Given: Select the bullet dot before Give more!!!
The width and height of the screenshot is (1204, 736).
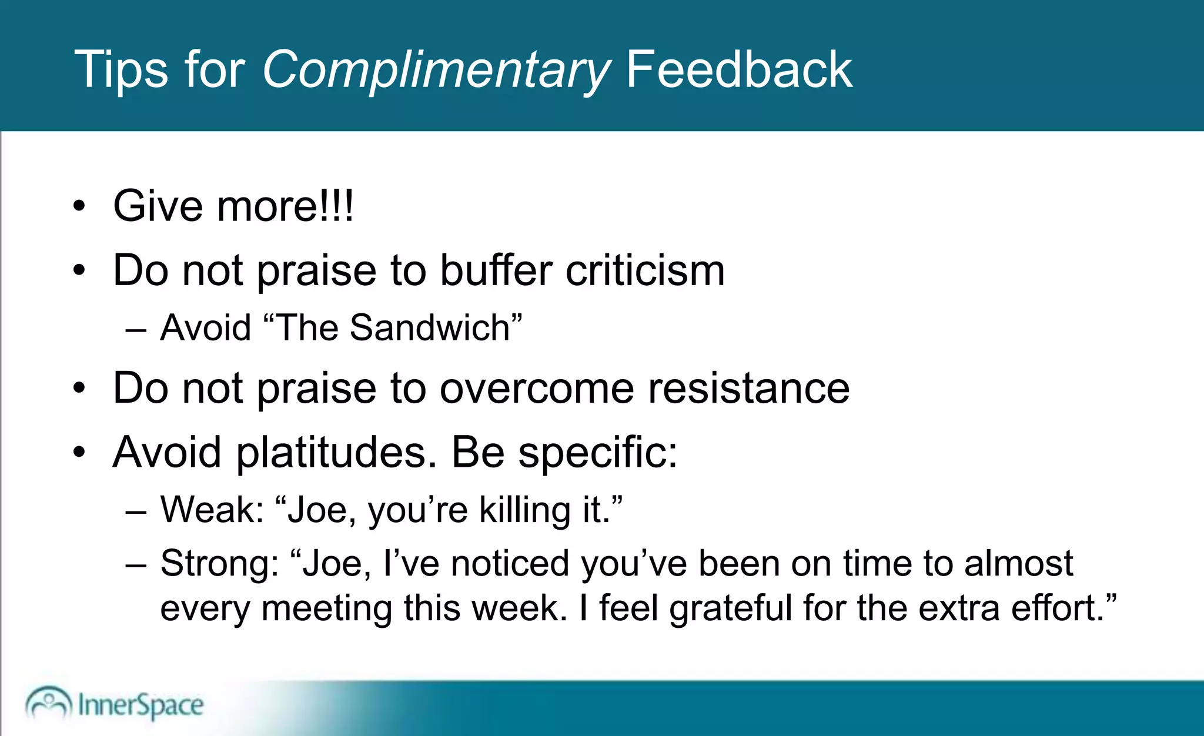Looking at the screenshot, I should pos(79,207).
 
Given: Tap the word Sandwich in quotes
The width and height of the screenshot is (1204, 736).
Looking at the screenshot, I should pos(430,327).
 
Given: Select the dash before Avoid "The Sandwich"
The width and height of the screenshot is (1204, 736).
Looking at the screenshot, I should pos(136,329).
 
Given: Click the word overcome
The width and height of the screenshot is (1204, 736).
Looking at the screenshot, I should pos(537,389).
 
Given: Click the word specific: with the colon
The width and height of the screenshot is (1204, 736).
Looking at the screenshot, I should pos(598,454).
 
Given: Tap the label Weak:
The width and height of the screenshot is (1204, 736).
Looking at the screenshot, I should pos(212,509).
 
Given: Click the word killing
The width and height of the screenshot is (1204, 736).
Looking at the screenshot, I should pos(524,510).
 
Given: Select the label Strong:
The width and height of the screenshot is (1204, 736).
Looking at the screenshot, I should pos(219,563).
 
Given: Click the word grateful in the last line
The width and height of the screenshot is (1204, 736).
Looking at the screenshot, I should pos(731,608).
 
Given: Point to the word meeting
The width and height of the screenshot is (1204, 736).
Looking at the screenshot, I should pos(326,608).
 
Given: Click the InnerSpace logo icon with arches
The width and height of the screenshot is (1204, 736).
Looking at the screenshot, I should pos(48,703).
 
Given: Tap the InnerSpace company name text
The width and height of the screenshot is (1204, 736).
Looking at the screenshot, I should pos(141,705).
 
